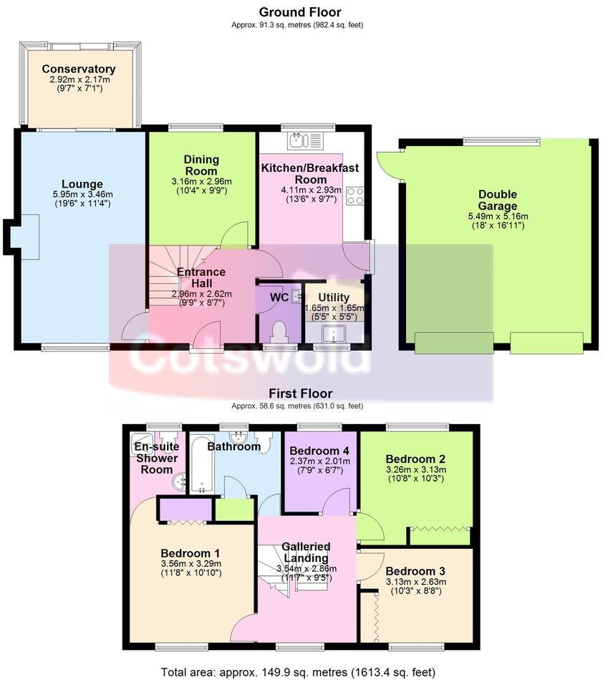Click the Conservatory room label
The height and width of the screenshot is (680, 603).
click(78, 69)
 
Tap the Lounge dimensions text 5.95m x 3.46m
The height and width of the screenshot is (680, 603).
click(82, 194)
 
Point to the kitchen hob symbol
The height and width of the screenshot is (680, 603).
click(354, 195)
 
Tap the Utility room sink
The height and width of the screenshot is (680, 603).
click(333, 333)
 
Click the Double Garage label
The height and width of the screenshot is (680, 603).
click(498, 200)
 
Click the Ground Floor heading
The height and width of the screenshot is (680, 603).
click(299, 12)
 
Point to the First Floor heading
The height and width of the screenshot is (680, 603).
click(301, 393)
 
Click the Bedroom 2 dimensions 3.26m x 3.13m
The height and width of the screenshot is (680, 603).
click(415, 470)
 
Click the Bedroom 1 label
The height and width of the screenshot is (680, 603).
click(190, 553)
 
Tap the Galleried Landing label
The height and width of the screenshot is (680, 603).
click(305, 552)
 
